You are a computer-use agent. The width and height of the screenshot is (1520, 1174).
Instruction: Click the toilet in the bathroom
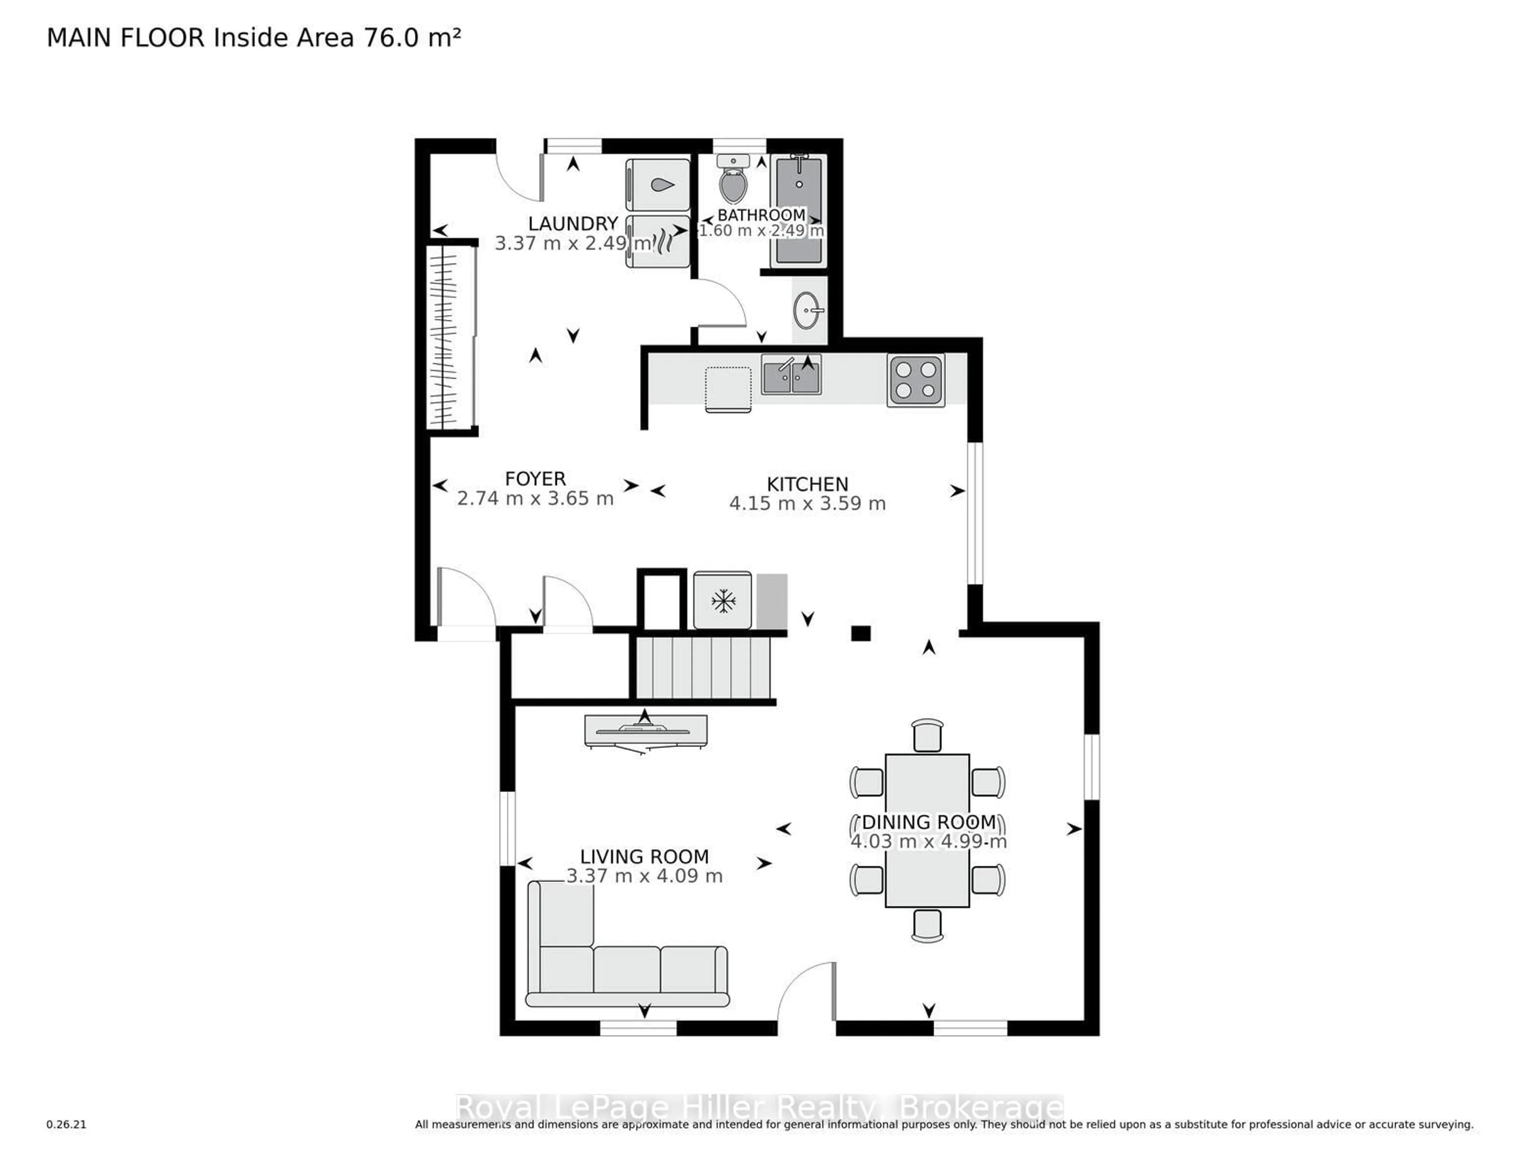[x=732, y=182]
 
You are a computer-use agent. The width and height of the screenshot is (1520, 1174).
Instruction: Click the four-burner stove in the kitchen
[x=915, y=380]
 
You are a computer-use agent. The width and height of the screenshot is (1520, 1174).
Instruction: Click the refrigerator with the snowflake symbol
[x=722, y=600]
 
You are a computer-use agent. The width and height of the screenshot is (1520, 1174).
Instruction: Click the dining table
[x=927, y=829]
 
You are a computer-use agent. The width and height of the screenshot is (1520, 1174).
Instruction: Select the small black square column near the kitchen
[x=861, y=633]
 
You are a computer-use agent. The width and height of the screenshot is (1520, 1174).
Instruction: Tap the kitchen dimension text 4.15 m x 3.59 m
[x=807, y=503]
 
